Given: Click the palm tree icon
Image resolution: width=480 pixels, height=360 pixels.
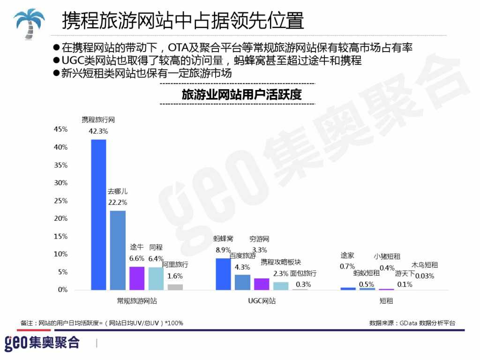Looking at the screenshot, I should point(29,23).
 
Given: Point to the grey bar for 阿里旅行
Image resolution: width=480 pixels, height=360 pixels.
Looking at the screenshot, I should point(175,287).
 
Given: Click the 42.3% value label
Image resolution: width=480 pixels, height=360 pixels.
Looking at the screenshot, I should point(98,131).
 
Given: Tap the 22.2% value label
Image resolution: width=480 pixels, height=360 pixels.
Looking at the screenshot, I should point(118,202).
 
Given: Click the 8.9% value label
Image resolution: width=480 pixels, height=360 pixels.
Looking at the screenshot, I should point(223,250).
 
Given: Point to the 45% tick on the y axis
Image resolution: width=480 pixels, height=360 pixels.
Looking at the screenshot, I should point(61,129).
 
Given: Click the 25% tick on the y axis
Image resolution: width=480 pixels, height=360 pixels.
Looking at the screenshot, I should point(61,201).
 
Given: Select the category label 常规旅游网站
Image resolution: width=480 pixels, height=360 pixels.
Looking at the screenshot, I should point(137,301).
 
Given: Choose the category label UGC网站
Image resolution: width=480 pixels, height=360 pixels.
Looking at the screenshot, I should point(262,301).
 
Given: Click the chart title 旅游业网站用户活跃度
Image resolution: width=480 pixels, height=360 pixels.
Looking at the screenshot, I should point(241,95).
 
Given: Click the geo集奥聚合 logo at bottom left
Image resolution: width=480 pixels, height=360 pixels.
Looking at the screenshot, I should point(42,343).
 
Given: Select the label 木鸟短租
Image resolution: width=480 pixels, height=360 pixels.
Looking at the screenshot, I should point(425,265).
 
